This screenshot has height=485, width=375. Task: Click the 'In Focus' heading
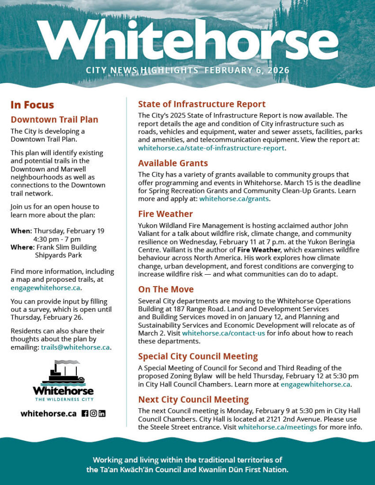(32, 105)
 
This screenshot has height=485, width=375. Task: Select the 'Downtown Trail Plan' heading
(55, 119)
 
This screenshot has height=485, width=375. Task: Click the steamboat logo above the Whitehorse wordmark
(63, 373)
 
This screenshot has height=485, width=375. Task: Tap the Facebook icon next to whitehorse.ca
(85, 413)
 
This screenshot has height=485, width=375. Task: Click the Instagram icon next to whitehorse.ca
(93, 413)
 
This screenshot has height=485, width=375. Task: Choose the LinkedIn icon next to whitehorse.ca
(102, 413)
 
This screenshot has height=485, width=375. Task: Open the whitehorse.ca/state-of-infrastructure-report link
(211, 148)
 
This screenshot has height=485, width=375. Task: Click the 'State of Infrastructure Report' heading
(201, 104)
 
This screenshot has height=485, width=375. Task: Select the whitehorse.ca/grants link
(234, 198)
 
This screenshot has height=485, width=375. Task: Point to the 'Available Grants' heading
(173, 163)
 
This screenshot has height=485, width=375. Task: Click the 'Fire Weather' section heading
(165, 214)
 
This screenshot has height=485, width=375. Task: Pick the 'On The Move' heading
(166, 289)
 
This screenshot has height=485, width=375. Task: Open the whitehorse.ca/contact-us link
(223, 333)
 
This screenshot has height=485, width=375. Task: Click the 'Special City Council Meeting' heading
(198, 356)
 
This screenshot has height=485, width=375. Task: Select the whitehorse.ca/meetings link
(277, 427)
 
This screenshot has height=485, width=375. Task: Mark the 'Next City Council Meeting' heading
(193, 399)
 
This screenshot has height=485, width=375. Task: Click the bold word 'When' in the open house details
(21, 231)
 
